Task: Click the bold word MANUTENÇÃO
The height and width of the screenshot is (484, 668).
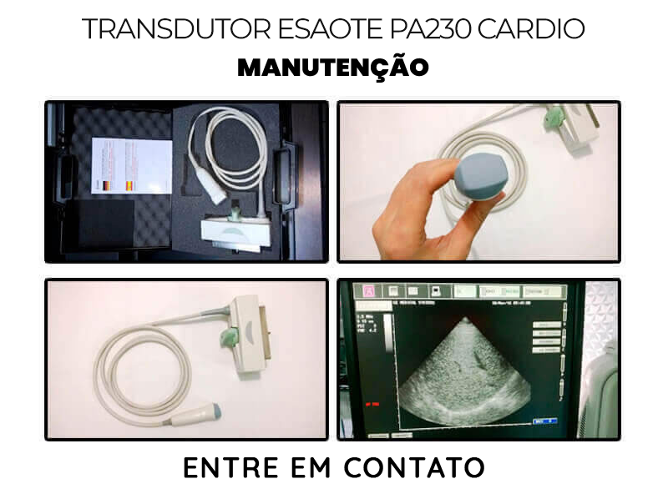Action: [332, 68]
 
